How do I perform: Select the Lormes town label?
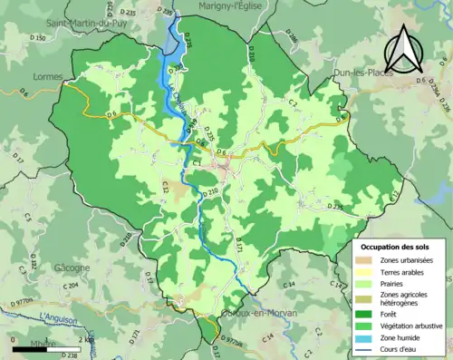[45, 77]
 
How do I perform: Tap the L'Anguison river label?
[60, 317]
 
